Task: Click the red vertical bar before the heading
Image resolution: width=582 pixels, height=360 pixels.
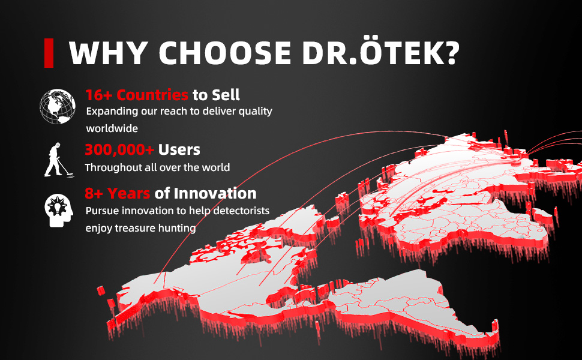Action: tap(49, 53)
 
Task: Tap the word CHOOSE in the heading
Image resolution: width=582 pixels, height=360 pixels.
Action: tap(225, 53)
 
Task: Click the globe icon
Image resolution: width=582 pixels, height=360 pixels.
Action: tap(58, 106)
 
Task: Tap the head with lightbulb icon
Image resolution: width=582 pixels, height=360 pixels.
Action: tap(59, 210)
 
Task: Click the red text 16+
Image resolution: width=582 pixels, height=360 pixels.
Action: tap(98, 95)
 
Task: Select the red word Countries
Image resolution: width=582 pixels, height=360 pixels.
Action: tap(152, 95)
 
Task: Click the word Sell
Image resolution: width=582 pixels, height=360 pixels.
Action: tap(226, 95)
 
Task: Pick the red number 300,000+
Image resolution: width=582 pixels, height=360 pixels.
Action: tap(119, 150)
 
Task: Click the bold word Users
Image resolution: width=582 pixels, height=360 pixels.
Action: tap(179, 150)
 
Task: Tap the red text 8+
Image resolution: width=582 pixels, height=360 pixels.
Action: tap(94, 193)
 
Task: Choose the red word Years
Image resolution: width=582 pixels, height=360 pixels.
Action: tap(128, 193)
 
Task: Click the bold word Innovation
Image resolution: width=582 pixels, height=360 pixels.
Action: tap(215, 193)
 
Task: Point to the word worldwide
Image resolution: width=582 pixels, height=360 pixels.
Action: tap(112, 128)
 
